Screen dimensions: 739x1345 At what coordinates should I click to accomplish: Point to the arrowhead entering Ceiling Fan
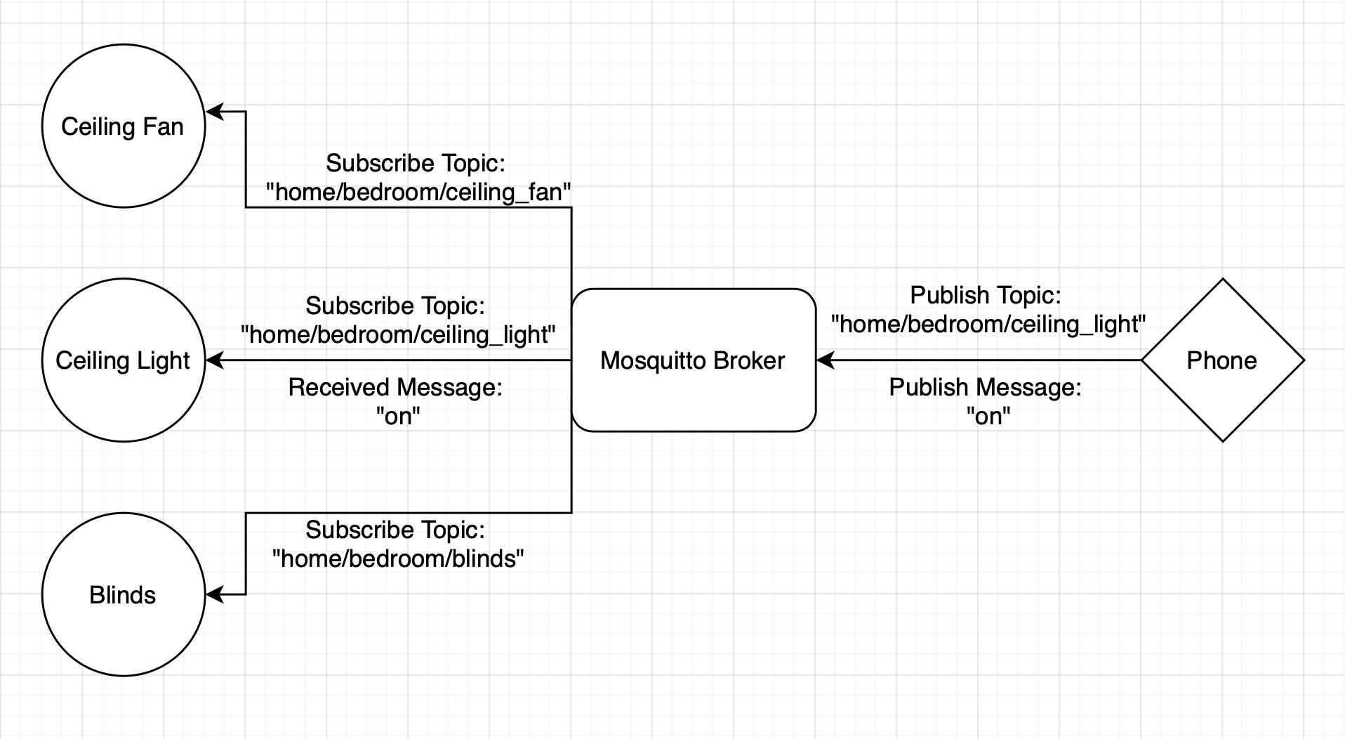pyautogui.click(x=213, y=112)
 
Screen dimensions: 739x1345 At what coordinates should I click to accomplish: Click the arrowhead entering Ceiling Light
pyautogui.click(x=213, y=360)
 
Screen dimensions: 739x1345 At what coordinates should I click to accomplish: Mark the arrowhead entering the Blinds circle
pyautogui.click(x=213, y=595)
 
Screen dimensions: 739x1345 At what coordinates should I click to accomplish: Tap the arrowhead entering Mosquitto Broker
pyautogui.click(x=825, y=360)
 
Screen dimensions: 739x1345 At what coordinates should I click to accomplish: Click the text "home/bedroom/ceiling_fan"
pyautogui.click(x=418, y=192)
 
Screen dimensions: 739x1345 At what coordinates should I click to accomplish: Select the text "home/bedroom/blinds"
pyautogui.click(x=398, y=559)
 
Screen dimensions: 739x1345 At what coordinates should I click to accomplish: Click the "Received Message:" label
pyautogui.click(x=395, y=387)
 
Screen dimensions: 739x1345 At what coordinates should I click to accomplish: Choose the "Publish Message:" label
pyautogui.click(x=985, y=387)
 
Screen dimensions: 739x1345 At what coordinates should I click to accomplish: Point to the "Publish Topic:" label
pyautogui.click(x=986, y=295)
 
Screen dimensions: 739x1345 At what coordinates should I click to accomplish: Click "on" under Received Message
pyautogui.click(x=398, y=417)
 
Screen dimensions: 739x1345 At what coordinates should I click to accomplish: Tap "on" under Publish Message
pyautogui.click(x=988, y=417)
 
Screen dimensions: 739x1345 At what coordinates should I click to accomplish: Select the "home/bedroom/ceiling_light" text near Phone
pyautogui.click(x=988, y=325)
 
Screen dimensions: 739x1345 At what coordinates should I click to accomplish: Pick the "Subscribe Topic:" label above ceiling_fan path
pyautogui.click(x=416, y=163)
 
